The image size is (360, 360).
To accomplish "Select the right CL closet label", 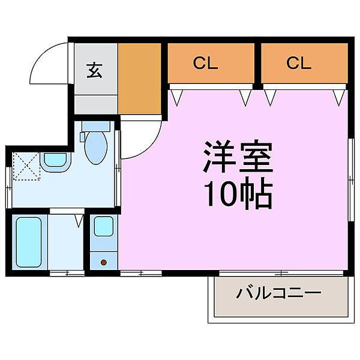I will click(x=298, y=63).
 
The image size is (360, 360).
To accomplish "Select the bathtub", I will click(x=28, y=242).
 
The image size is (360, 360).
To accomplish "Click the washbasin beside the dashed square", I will click(x=56, y=161).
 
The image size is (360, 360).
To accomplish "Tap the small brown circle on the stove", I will click(x=103, y=262).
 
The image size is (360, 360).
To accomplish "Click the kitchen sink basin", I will click(x=103, y=227).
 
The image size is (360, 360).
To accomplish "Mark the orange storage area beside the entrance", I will click(x=139, y=78).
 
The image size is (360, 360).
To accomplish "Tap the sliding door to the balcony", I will click(x=279, y=272).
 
